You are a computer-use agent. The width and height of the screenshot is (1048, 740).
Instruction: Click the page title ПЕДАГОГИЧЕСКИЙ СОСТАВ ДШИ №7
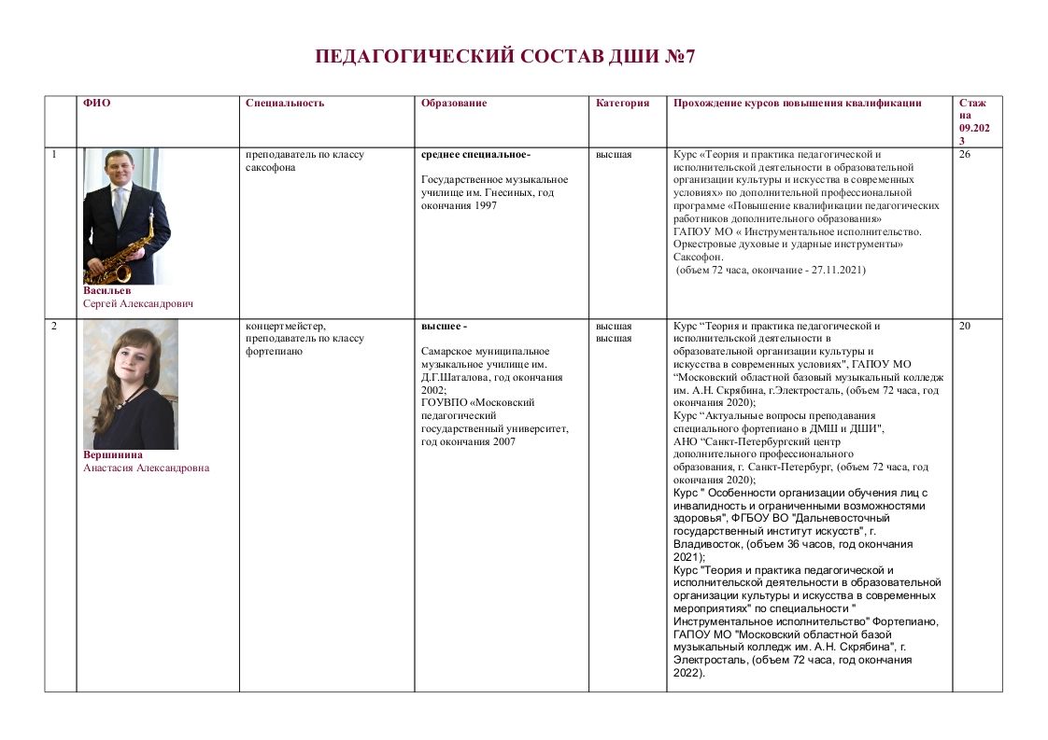tap(505, 57)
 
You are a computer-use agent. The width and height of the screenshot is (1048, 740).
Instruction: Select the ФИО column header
tap(96, 104)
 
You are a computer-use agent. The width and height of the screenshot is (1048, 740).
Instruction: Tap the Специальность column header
tap(285, 104)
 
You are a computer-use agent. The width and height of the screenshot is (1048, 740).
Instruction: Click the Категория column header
tap(622, 104)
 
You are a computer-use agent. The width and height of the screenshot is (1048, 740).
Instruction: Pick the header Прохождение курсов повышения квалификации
tap(798, 104)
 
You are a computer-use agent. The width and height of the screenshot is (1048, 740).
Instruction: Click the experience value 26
tap(965, 155)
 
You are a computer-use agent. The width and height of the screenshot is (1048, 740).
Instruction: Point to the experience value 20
tap(965, 327)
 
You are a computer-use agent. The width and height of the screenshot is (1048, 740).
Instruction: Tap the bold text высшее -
tap(444, 327)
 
